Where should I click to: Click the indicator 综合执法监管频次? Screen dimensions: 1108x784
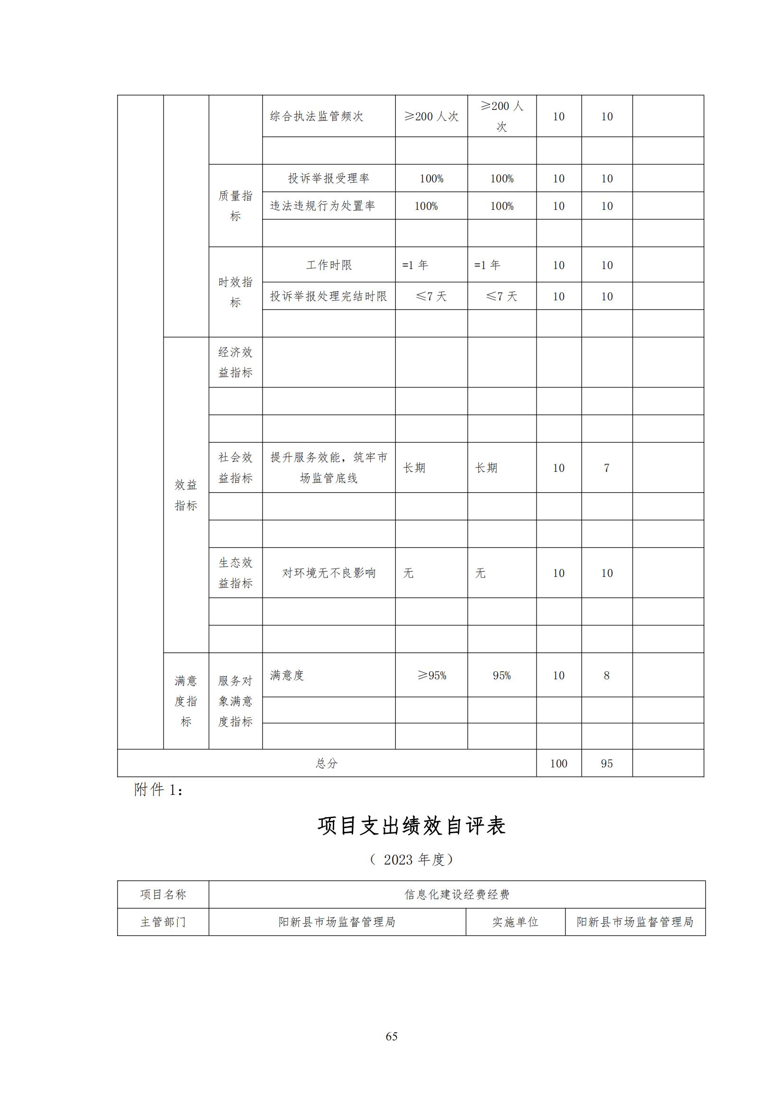point(316,117)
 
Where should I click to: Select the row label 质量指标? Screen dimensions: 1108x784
point(235,206)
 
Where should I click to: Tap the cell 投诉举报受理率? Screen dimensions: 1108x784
point(328,179)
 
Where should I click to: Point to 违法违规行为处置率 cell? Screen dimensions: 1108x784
point(322,206)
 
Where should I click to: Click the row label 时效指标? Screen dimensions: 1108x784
point(235,292)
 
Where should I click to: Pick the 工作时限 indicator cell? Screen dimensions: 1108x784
point(329,265)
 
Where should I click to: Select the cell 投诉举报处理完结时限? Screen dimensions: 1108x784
point(328,296)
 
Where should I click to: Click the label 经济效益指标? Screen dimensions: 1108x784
point(235,362)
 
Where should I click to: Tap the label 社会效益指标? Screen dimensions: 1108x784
point(235,467)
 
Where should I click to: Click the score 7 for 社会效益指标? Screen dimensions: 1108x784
point(606,468)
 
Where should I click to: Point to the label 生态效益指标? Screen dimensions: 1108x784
point(235,573)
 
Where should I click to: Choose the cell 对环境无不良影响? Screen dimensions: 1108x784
point(329,573)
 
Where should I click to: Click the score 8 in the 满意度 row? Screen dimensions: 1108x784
point(606,675)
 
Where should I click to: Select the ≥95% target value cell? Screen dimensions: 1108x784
point(432,675)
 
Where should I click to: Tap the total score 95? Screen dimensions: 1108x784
point(606,764)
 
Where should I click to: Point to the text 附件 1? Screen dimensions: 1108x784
point(158,790)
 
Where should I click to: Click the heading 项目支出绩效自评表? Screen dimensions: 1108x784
point(411,826)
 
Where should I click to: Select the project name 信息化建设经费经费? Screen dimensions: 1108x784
point(456,894)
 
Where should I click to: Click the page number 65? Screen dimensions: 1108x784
point(392,1036)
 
